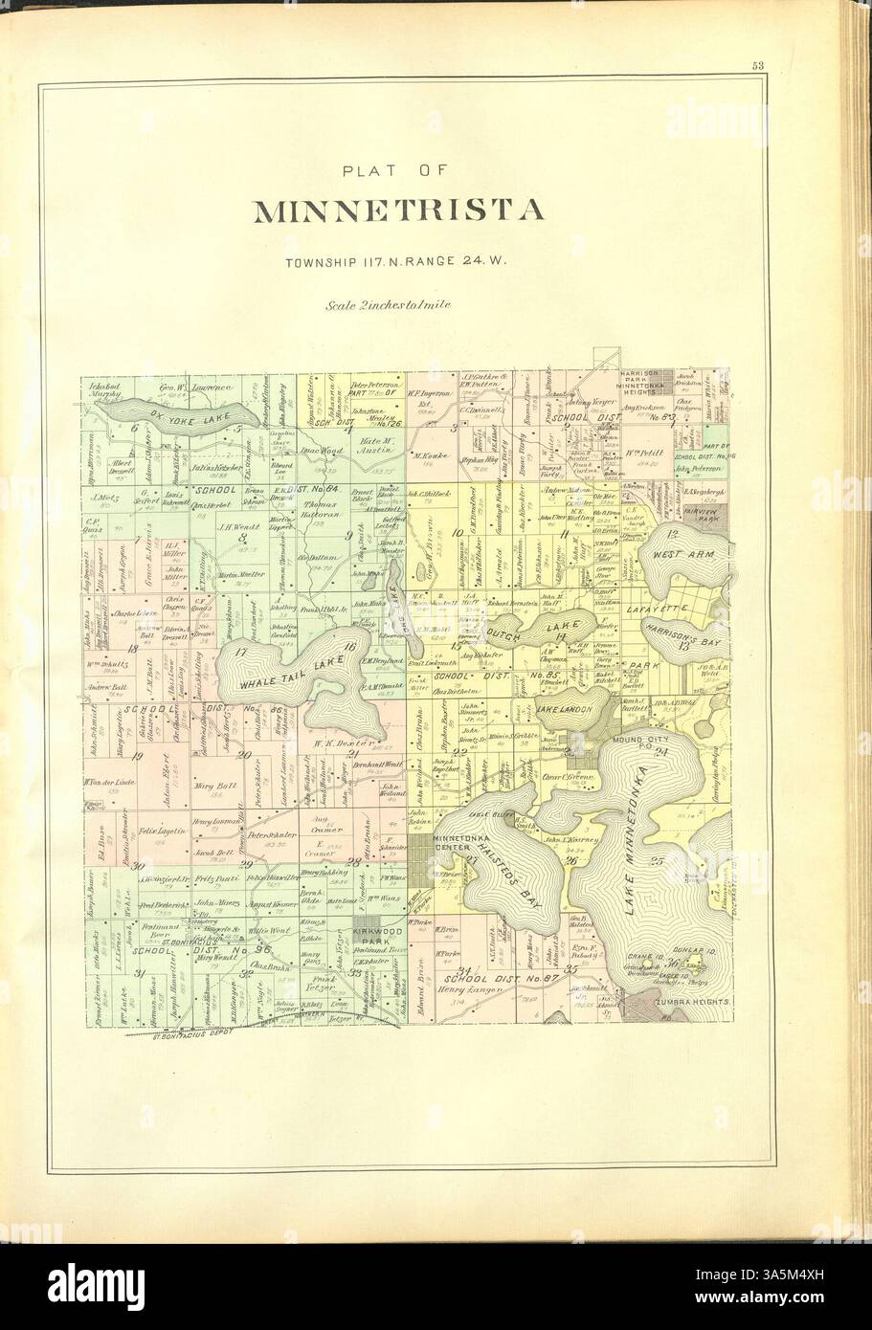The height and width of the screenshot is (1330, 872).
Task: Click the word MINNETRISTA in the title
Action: (397, 211)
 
